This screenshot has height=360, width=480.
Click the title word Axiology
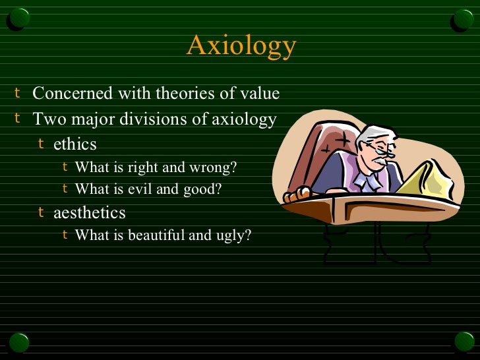tap(241, 46)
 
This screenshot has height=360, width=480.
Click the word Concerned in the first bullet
tap(73, 94)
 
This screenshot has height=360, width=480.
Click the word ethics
tap(75, 144)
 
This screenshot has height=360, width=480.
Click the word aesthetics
tap(90, 213)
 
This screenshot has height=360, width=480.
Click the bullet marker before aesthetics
tap(41, 212)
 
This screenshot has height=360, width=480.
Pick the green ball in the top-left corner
tap(18, 19)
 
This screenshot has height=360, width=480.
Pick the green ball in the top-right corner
tap(462, 19)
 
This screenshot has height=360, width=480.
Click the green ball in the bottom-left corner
tap(18, 342)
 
